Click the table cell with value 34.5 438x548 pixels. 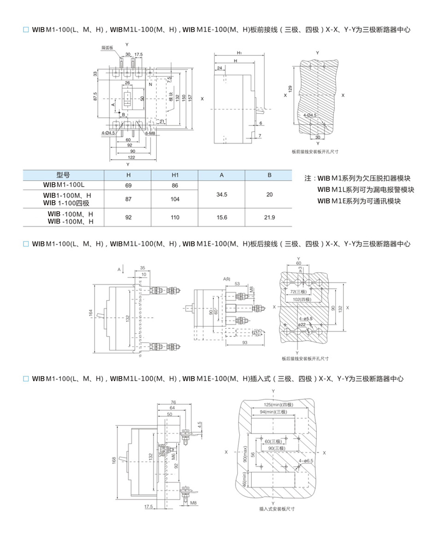222,195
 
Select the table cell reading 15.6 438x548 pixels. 222,217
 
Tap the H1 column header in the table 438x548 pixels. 175,175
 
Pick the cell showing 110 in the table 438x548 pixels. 175,217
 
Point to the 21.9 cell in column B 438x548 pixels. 269,217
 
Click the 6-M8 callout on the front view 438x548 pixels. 150,132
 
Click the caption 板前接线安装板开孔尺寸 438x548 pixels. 315,151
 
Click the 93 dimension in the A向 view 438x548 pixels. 244,342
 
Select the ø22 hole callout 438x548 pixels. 302,325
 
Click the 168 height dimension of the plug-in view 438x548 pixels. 114,461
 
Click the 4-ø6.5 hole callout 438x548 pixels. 306,461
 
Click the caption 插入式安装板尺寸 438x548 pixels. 277,509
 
